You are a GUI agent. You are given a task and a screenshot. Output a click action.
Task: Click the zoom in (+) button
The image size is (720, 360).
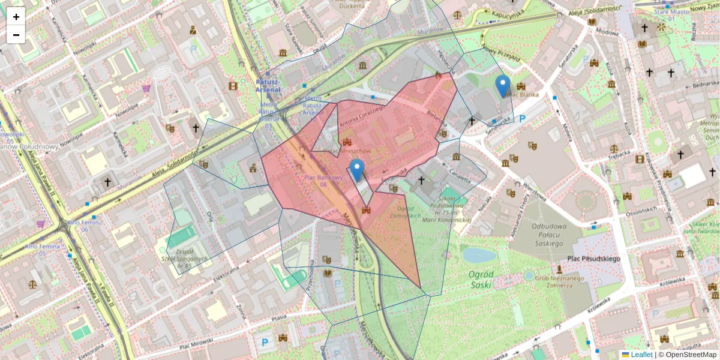tap(16, 17)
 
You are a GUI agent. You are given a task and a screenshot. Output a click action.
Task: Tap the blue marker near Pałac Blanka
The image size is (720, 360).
tap(503, 86)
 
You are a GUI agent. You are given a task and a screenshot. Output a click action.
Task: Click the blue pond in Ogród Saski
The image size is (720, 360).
tap(479, 255)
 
